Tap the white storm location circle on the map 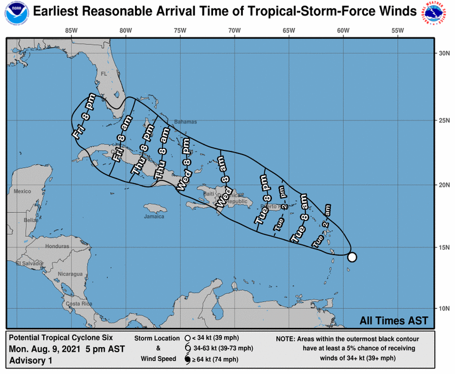click(x=352, y=257)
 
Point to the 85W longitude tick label click(x=71, y=30)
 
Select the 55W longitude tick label click(x=398, y=30)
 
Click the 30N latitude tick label click(x=445, y=53)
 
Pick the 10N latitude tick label click(x=445, y=308)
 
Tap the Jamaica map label click(x=154, y=216)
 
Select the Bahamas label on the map click(x=185, y=122)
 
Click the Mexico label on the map click(x=22, y=191)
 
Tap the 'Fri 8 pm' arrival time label click(x=84, y=116)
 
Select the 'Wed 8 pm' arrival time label click(x=184, y=167)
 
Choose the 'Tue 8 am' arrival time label click(x=299, y=217)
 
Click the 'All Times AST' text click(x=393, y=321)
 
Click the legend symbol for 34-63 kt click(x=188, y=349)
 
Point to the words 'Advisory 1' click(x=30, y=360)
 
